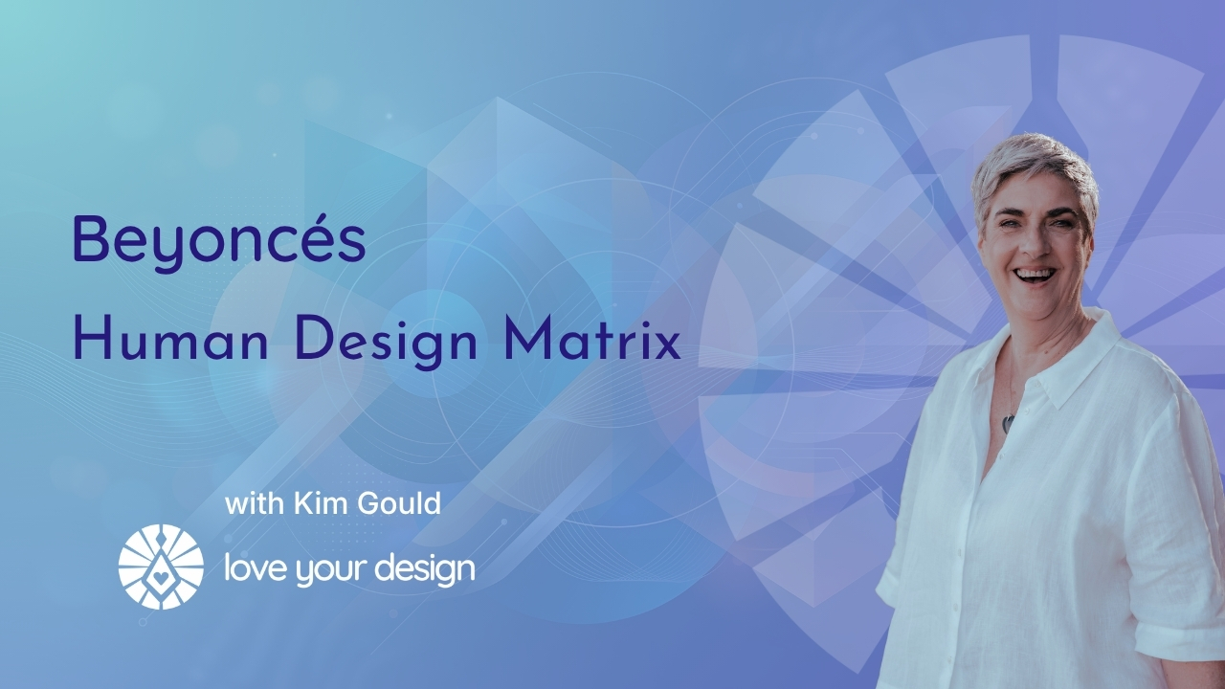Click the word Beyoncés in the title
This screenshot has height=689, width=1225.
point(219,240)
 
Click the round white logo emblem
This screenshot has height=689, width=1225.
point(161,567)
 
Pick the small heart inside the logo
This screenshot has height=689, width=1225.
point(161,576)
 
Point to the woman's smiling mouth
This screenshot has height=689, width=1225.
point(1036,275)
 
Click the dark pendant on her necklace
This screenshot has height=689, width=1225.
point(1008,424)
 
